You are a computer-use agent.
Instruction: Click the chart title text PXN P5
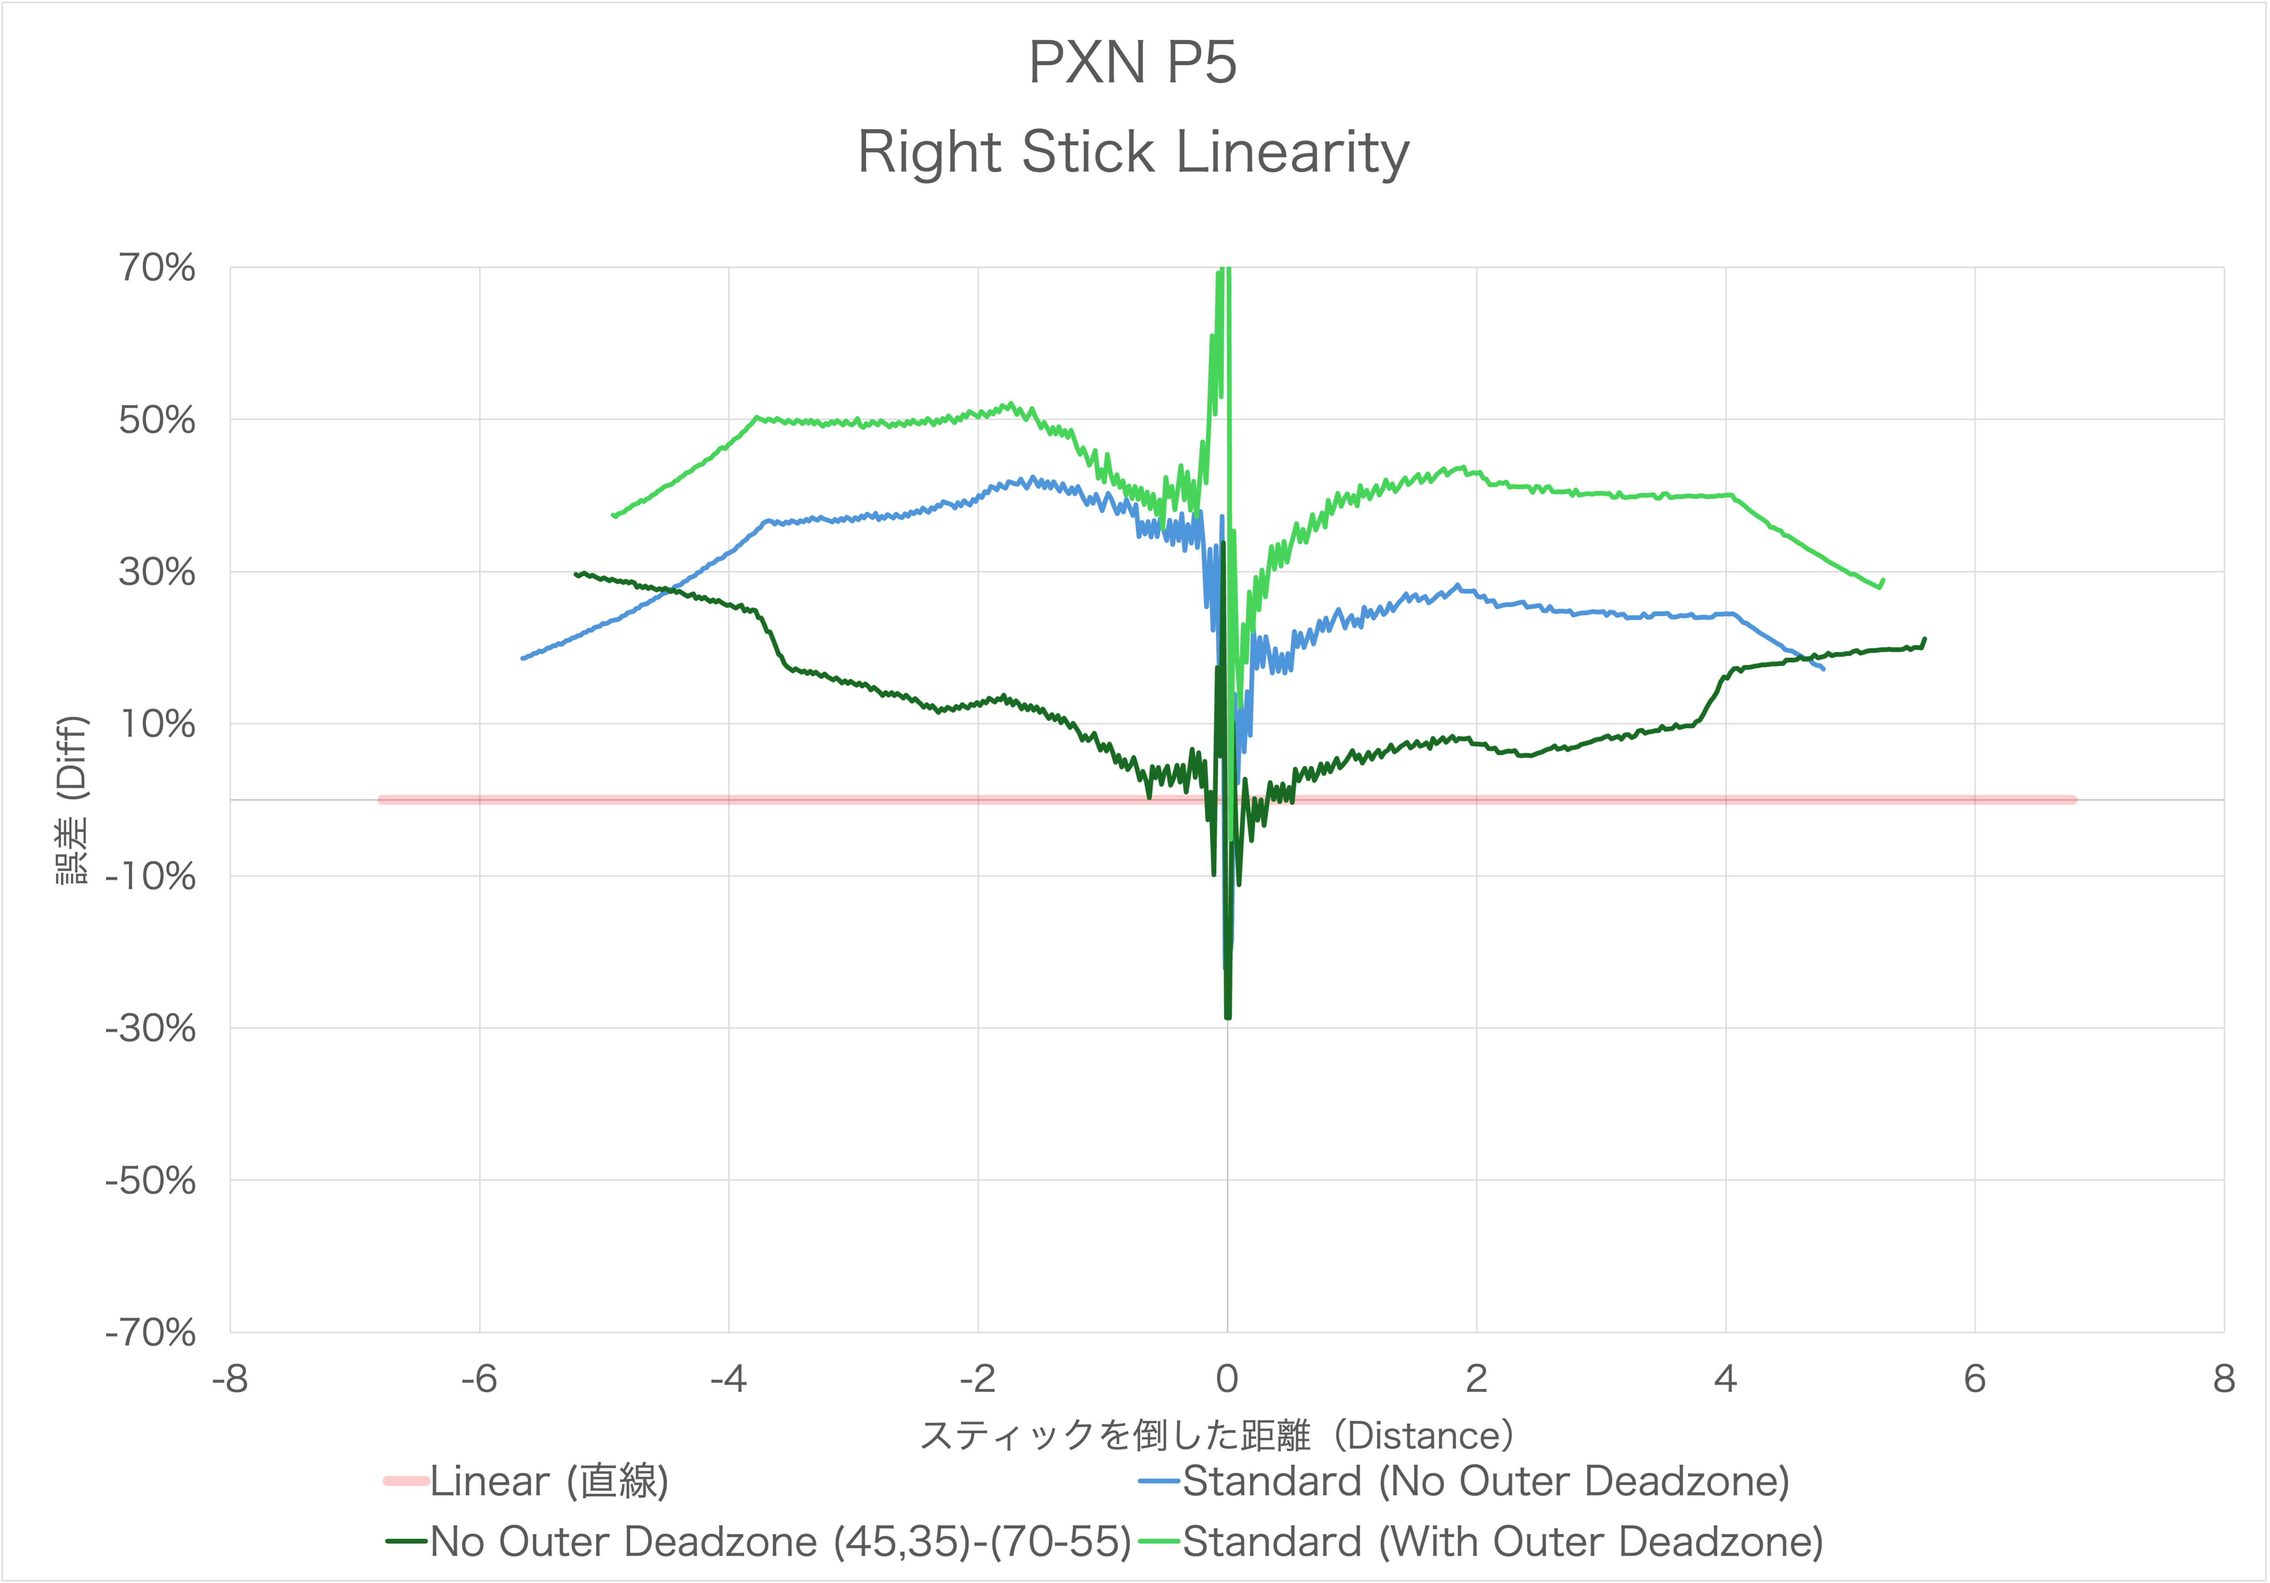tap(1133, 63)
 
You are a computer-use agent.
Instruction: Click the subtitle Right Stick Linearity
tap(1133, 153)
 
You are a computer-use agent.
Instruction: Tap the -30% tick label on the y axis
tap(150, 1028)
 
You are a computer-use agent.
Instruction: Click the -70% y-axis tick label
tap(150, 1333)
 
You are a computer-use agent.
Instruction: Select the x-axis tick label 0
tap(1227, 1378)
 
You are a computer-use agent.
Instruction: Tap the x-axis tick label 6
tap(1974, 1378)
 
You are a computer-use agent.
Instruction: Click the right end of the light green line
tap(1883, 580)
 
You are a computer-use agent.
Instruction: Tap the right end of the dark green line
tap(1924, 639)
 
